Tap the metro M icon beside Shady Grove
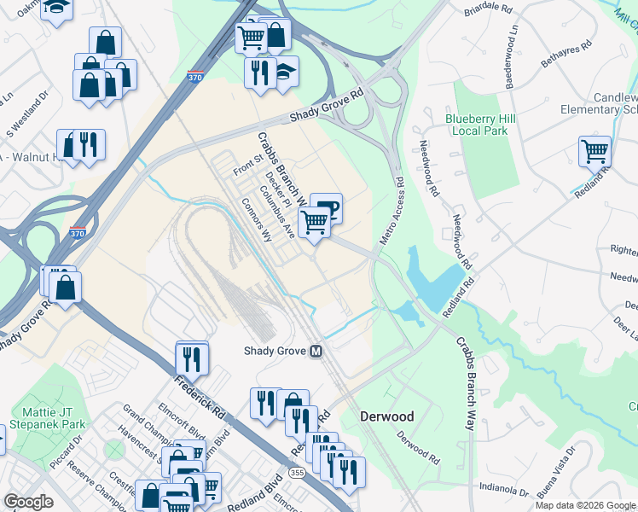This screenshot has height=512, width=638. tap(316, 351)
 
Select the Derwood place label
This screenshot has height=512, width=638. tap(386, 416)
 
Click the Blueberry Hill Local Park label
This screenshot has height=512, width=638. tap(476, 125)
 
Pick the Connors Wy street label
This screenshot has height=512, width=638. tap(256, 221)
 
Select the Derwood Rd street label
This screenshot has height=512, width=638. tap(418, 446)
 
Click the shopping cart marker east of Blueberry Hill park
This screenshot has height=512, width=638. tap(594, 152)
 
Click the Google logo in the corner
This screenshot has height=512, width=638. tap(29, 501)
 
